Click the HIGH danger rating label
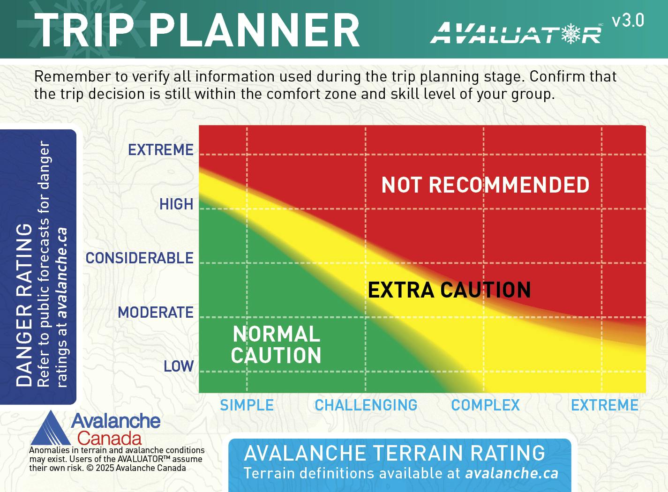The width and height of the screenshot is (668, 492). pos(176,204)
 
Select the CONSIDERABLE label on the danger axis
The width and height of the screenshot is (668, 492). pos(140,258)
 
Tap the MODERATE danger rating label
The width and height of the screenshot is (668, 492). pos(156,313)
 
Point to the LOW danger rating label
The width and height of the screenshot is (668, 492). pos(179,366)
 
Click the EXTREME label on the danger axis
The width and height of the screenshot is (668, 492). pos(161,150)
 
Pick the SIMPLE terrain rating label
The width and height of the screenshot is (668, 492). pos(247,405)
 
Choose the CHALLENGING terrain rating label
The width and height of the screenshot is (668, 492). pos(366,405)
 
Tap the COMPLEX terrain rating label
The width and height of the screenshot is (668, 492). pos(486,405)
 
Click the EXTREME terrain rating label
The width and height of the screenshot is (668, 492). pos(605,405)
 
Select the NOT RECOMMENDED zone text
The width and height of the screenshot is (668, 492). pos(486,185)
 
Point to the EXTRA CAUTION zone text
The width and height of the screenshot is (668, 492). pos(449,290)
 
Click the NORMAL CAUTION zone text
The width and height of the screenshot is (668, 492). pos(277,345)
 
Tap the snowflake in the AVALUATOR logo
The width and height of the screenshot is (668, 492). pos(571,33)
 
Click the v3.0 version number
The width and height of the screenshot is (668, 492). pos(628,21)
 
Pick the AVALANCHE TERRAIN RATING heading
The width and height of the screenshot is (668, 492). pos(395,453)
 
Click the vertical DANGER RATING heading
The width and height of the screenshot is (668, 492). pos(24,305)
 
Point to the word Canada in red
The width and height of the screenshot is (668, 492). pos(109,439)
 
